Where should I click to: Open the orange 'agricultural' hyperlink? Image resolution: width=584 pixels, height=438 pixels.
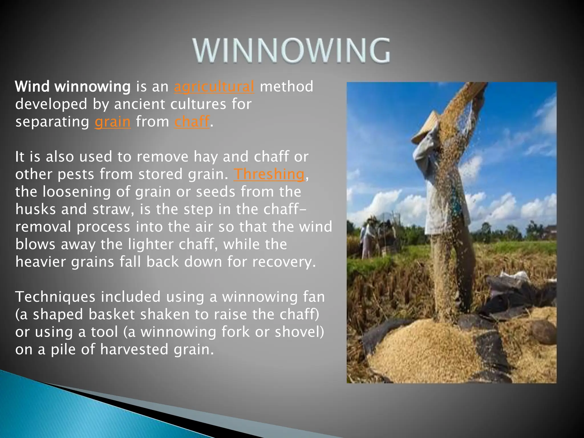pyautogui.click(x=214, y=87)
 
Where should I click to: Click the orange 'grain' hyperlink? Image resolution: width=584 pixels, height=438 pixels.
pyautogui.click(x=112, y=122)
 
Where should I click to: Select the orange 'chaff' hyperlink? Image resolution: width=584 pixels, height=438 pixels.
pyautogui.click(x=192, y=122)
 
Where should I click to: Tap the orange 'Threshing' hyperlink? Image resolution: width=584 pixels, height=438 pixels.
pyautogui.click(x=269, y=174)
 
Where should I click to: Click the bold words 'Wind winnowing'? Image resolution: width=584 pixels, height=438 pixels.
pyautogui.click(x=73, y=87)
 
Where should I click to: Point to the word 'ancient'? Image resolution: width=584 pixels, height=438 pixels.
pyautogui.click(x=140, y=104)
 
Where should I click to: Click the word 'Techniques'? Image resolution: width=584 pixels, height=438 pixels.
pyautogui.click(x=55, y=297)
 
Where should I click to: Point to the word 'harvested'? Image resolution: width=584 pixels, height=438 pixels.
pyautogui.click(x=134, y=350)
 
